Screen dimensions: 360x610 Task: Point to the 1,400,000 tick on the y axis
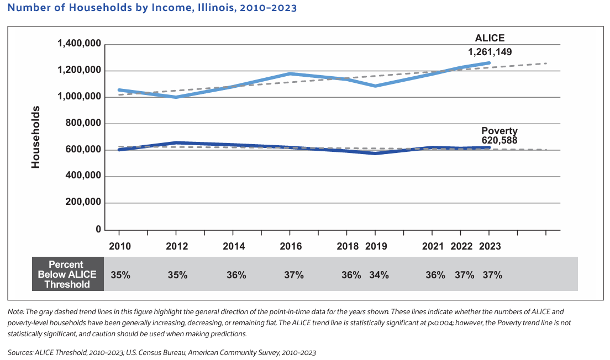(x=78, y=44)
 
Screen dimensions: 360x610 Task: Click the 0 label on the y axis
(x=98, y=229)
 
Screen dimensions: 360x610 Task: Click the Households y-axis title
(x=36, y=137)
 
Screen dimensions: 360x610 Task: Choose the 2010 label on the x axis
(x=120, y=246)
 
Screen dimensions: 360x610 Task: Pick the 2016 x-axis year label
(x=291, y=246)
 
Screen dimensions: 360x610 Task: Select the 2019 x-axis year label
(x=376, y=246)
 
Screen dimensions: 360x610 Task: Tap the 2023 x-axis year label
(x=490, y=246)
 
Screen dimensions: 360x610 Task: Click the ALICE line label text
(x=490, y=38)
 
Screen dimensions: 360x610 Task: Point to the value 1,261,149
(x=490, y=52)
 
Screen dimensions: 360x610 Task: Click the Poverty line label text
(x=499, y=131)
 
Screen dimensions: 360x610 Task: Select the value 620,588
(x=499, y=140)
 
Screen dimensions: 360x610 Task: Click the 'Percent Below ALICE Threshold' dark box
(x=69, y=274)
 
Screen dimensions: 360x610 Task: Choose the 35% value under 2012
(x=177, y=274)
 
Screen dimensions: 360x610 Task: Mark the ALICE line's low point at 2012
(x=176, y=97)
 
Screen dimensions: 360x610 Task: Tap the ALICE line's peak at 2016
(x=291, y=73)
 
